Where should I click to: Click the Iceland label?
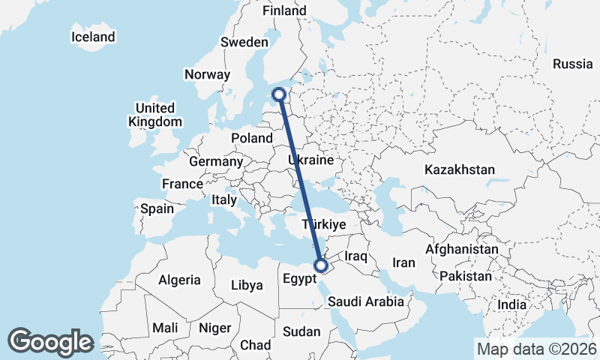(93, 37)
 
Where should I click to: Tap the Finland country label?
(284, 11)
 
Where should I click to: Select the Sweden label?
(244, 43)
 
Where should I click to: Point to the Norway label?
(206, 74)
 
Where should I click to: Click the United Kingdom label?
(155, 115)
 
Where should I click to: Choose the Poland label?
(252, 139)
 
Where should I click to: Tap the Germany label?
(215, 161)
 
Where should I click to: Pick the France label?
(182, 184)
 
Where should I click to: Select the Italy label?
(224, 200)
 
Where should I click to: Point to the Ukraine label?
(310, 160)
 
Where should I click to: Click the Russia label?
(572, 64)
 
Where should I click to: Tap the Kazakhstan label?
(460, 170)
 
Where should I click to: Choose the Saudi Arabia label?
(366, 301)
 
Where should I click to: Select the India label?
(511, 305)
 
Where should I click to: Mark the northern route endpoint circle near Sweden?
(279, 94)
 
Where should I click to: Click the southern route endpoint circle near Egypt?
(321, 265)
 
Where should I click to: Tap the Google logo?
(51, 342)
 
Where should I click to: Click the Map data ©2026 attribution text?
(536, 349)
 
